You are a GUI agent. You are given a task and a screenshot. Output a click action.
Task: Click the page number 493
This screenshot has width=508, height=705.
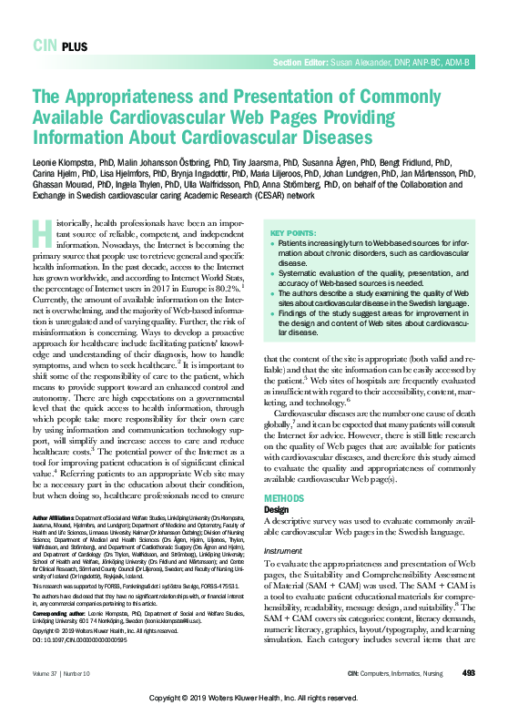coord(468,673)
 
